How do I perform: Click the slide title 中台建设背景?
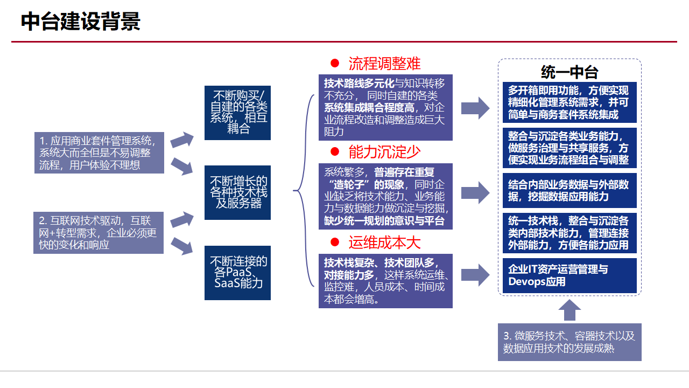click(81, 22)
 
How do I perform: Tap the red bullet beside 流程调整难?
click(335, 64)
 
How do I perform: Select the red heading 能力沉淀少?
click(384, 152)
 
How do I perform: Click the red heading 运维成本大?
click(384, 242)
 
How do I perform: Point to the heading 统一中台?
click(570, 72)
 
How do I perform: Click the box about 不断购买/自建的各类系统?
click(237, 113)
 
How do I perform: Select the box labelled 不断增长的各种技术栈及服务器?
click(237, 192)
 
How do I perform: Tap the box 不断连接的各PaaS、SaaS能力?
click(237, 273)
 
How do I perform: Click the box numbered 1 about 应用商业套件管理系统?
click(99, 153)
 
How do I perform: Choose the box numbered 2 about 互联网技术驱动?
click(99, 232)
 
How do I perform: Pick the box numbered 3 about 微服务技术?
click(570, 342)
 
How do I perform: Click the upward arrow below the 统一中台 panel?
click(570, 310)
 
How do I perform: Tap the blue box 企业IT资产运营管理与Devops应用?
click(570, 275)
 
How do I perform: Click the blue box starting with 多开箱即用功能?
click(570, 102)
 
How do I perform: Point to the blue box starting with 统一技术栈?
click(570, 233)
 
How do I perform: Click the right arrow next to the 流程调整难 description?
click(475, 108)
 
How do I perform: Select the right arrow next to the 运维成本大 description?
click(475, 275)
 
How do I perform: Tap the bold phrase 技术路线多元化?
click(359, 84)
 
